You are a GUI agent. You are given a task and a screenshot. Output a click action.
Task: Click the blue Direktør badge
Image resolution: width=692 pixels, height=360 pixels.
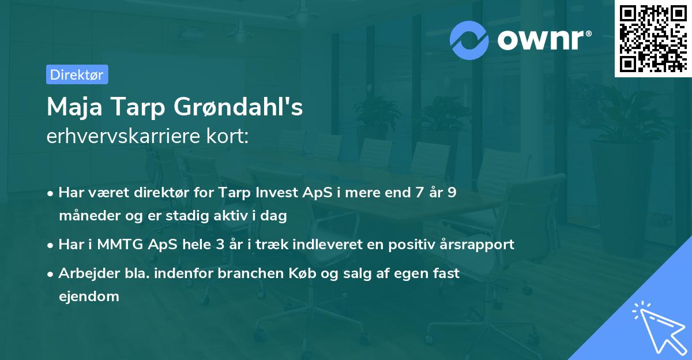click(x=77, y=74)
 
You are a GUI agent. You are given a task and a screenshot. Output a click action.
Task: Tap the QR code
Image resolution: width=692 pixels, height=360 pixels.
click(x=653, y=38)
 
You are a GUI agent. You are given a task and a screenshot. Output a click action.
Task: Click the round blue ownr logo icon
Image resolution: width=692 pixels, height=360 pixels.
click(x=469, y=40)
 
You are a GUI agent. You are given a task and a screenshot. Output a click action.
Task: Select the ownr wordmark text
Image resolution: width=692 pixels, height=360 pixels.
click(x=544, y=40)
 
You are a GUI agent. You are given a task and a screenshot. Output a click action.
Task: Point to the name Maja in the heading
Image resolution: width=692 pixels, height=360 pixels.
click(x=74, y=107)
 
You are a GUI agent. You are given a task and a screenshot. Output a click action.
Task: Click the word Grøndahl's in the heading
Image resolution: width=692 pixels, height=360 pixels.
click(x=238, y=107)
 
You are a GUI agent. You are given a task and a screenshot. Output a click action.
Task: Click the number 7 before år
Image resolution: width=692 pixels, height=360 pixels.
click(x=419, y=192)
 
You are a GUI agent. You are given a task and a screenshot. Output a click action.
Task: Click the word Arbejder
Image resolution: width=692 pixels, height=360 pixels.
click(x=89, y=273)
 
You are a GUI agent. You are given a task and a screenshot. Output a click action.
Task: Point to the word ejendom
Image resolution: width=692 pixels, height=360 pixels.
click(x=89, y=297)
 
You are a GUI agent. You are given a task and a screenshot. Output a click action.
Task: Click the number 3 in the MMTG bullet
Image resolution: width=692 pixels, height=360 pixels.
click(x=220, y=244)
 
